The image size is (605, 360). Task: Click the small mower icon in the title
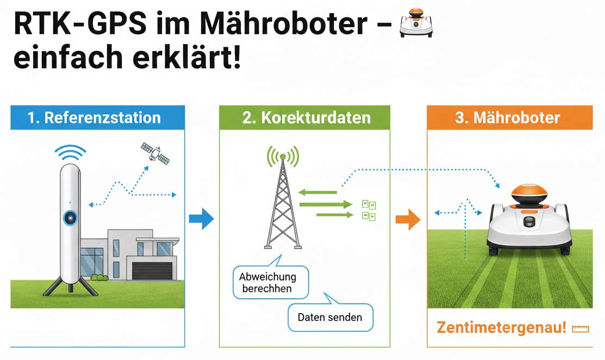tap(415, 22)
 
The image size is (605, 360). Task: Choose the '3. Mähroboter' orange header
tap(509, 117)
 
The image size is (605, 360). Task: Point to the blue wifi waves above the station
tap(71, 152)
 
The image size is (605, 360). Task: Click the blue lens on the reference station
tap(71, 218)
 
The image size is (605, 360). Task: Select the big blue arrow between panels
tap(201, 219)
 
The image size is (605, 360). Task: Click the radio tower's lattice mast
tap(282, 207)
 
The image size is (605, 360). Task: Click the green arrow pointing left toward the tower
tap(317, 191)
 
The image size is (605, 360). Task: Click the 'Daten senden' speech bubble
tap(329, 316)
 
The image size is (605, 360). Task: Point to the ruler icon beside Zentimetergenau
tap(581, 328)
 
